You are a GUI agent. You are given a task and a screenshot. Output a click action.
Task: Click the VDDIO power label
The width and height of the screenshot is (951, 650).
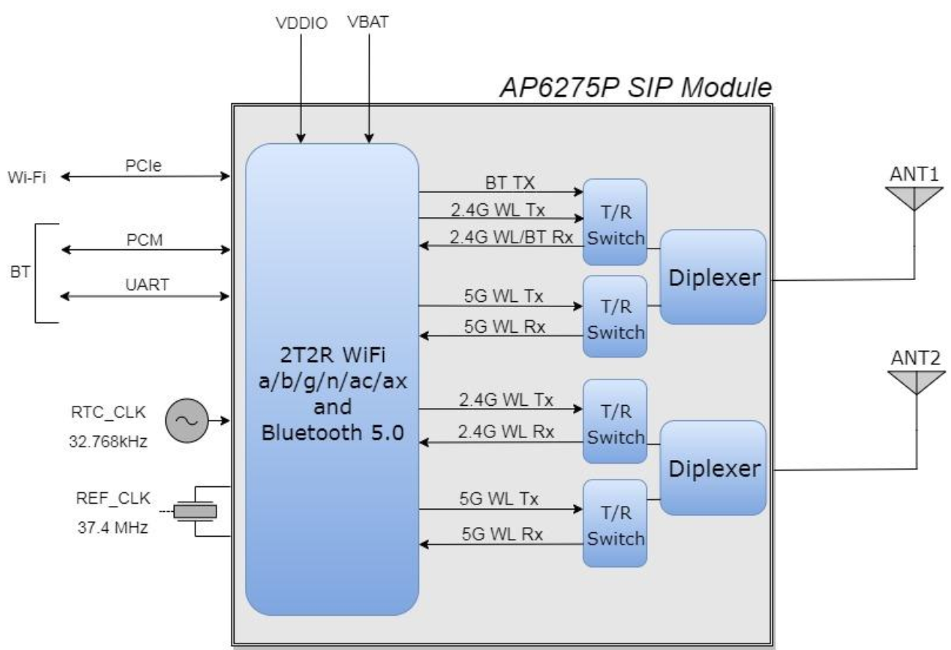[x=301, y=23]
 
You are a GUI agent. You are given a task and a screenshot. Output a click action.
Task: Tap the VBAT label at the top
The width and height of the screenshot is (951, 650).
[x=368, y=22]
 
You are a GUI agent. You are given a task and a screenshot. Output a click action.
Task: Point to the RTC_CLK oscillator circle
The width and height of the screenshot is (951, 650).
[x=187, y=420]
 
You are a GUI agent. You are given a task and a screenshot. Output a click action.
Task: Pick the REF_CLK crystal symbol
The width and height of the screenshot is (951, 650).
[x=195, y=511]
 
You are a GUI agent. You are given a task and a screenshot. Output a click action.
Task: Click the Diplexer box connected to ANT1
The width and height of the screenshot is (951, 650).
[x=713, y=277]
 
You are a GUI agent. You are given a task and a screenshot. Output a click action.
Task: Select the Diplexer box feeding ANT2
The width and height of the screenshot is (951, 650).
[x=713, y=468]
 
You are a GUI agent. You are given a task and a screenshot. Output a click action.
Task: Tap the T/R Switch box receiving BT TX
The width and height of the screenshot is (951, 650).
[x=615, y=222]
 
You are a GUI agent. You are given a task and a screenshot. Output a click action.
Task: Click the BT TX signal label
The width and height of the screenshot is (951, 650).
[x=509, y=183]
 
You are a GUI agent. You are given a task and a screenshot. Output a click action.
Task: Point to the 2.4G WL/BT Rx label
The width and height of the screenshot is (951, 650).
[x=511, y=237]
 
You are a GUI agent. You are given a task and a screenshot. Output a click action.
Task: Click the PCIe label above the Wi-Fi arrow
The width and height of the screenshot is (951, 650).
[x=143, y=165]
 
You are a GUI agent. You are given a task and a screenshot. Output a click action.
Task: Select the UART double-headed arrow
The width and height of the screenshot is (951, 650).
[x=145, y=296]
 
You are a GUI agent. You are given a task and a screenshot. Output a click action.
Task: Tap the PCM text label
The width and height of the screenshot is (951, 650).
[x=144, y=240]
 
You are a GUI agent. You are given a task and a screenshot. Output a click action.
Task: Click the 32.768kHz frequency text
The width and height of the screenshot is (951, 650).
[x=108, y=442]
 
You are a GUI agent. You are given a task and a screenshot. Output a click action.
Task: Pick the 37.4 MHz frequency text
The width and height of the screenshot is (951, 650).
[x=113, y=528]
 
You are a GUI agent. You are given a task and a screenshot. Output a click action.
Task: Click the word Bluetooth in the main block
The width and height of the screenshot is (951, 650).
[x=312, y=433]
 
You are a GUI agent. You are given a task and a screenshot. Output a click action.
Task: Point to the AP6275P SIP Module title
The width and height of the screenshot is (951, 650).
[x=635, y=88]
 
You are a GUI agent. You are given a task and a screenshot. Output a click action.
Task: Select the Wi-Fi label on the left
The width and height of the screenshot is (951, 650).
[x=27, y=177]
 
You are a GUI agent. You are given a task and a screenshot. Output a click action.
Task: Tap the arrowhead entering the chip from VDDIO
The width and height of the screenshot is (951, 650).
[x=301, y=138]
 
